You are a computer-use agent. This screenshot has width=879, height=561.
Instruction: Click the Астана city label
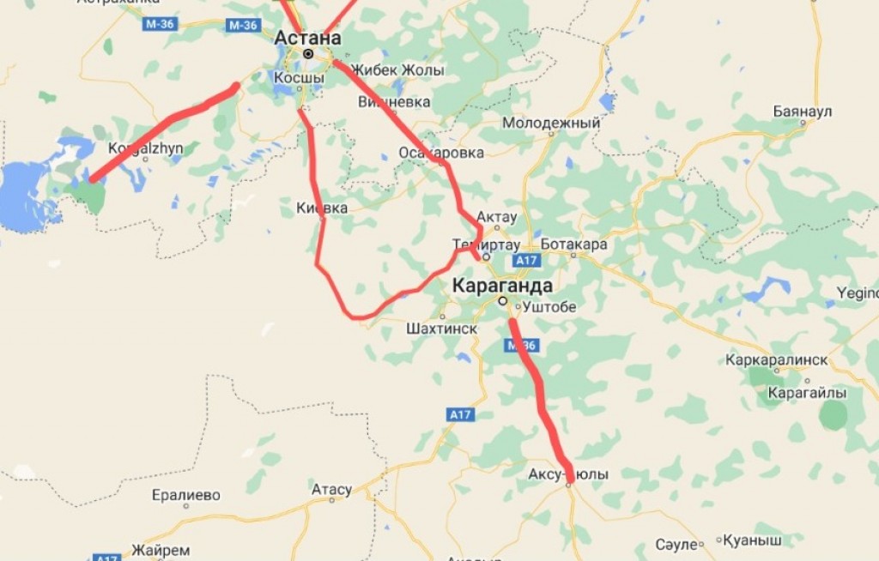pos(307,38)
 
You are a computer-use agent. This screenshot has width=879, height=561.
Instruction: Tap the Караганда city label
pos(502,286)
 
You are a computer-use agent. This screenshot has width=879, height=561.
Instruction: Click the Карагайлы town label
pos(807,393)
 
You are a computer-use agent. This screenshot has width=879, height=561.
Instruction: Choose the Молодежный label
pos(551,124)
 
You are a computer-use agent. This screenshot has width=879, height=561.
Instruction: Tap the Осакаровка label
pos(441,153)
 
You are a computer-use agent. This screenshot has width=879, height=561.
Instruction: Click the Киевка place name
pos(322,208)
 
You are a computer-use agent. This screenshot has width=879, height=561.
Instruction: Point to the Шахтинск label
pos(441,328)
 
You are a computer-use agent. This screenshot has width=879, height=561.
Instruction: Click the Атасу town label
pos(331,490)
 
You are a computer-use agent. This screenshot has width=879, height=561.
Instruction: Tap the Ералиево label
pos(185,496)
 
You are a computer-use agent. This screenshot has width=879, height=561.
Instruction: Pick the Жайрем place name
pos(161,550)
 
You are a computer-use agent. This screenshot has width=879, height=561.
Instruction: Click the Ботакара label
pos(574,244)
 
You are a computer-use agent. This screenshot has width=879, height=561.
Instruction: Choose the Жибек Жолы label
pos(398,70)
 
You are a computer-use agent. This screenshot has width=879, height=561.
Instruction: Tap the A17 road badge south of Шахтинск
pos(461,415)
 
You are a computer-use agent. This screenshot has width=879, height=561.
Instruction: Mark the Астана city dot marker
pos(307,54)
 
